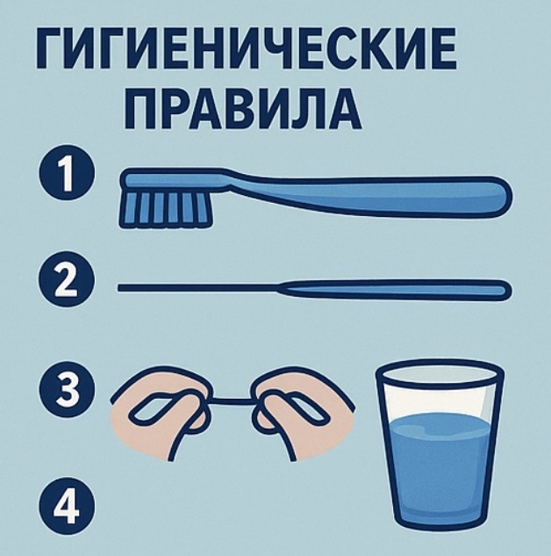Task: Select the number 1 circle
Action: pyautogui.click(x=62, y=171)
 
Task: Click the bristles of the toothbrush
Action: pyautogui.click(x=163, y=208)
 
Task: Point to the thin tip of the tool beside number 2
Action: pyautogui.click(x=132, y=287)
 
